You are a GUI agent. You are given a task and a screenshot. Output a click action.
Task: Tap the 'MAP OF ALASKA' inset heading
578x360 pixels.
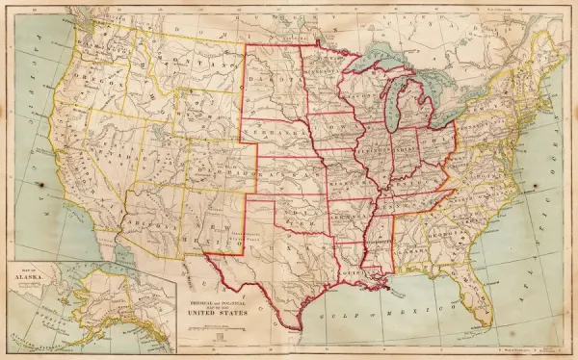click(33, 275)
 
